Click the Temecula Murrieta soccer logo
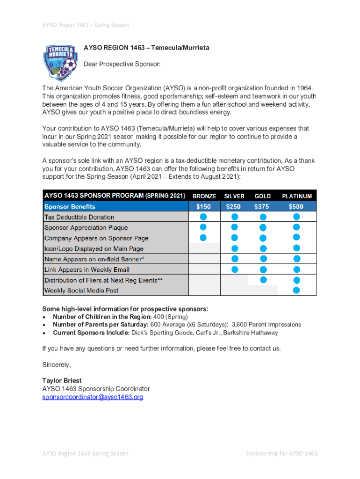point(59,60)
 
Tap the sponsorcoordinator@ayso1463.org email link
point(93,397)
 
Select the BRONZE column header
point(204,196)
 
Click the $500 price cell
point(295,206)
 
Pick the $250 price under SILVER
point(234,206)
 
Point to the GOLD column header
point(263,196)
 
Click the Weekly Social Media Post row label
point(81,290)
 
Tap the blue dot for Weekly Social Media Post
point(296,290)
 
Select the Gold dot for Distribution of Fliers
point(263,280)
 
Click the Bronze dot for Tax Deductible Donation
point(203,217)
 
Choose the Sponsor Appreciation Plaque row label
point(86,228)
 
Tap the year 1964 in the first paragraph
point(304,88)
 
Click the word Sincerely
point(56,364)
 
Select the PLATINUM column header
point(296,196)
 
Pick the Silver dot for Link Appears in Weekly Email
point(234,269)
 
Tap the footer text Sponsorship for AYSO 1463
point(282,453)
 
